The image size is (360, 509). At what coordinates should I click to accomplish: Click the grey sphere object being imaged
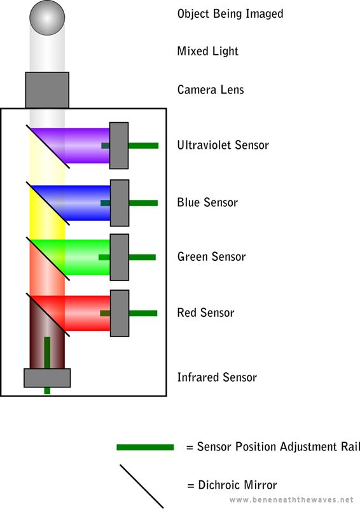[x=47, y=18]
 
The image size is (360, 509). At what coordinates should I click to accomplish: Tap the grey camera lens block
[x=47, y=90]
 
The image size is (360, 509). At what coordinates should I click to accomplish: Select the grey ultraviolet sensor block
[x=119, y=146]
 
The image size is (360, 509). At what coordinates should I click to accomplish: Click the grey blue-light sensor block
[x=120, y=203]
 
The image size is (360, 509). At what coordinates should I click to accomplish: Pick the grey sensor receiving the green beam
[x=120, y=257]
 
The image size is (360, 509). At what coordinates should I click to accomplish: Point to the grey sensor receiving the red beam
[x=120, y=313]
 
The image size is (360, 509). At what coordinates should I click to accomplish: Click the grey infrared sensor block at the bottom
[x=47, y=378]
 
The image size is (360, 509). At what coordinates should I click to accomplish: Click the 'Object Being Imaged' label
[x=230, y=13]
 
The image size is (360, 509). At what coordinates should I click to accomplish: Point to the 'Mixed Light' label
[x=208, y=51]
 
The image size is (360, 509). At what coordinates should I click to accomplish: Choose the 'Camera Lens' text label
[x=211, y=90]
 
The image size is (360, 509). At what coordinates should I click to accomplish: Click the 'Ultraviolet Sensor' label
[x=223, y=145]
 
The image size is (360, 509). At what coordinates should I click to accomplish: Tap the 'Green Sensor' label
[x=211, y=257]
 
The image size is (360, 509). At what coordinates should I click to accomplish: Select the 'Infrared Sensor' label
[x=217, y=377]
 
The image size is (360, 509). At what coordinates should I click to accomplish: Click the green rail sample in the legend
[x=145, y=447]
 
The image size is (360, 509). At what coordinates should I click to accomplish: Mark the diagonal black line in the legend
[x=142, y=486]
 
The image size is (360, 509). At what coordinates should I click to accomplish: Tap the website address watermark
[x=291, y=499]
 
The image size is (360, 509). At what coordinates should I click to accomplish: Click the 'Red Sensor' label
[x=205, y=312]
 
